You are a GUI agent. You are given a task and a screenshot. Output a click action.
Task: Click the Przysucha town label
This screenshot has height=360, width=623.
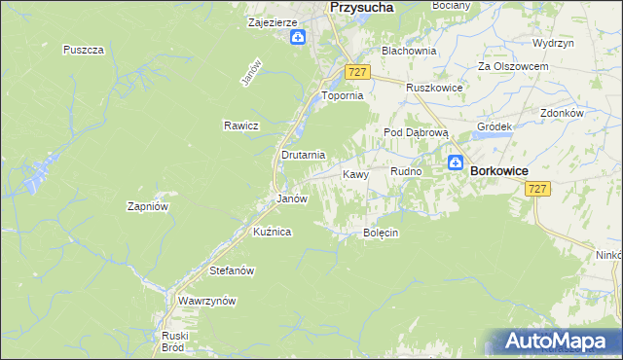point(361,7)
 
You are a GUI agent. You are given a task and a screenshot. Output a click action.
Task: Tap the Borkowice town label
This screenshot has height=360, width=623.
point(498,170)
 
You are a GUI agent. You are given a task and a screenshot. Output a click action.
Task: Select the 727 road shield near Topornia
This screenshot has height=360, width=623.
point(356,73)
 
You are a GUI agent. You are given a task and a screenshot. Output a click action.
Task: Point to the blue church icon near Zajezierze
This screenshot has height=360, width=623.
point(298,38)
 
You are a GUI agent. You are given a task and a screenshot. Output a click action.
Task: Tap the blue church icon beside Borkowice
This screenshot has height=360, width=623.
point(455,164)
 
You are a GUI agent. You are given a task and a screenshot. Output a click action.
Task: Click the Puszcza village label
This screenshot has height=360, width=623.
point(83,50)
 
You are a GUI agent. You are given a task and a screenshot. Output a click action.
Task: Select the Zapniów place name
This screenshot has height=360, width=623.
point(149,206)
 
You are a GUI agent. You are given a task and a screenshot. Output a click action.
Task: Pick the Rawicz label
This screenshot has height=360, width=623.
point(239,126)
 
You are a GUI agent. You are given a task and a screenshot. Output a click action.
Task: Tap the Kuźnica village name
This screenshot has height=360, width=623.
point(273,232)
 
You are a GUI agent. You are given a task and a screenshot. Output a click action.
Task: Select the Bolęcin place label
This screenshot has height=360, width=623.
point(382,234)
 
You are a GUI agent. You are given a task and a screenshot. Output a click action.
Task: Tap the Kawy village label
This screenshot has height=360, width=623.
point(355,175)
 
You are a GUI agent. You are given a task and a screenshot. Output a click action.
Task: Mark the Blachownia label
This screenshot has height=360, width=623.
point(409,50)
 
